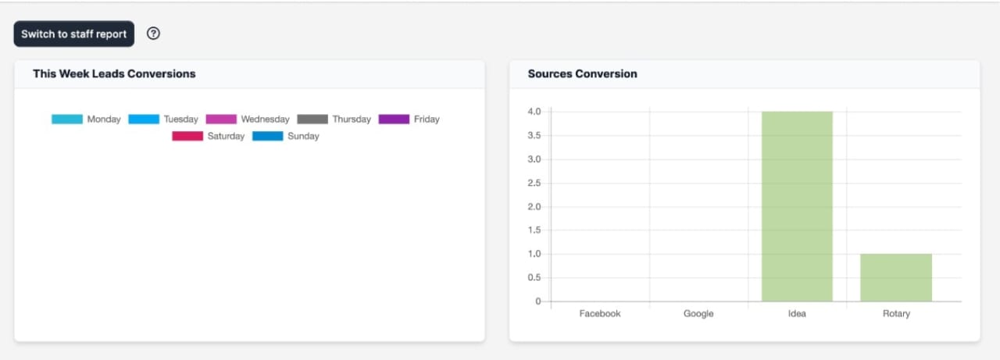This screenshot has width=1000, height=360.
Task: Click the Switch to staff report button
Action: (73, 34)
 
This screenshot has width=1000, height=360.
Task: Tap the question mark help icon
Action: (154, 34)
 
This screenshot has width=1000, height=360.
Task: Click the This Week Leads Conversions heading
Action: (114, 73)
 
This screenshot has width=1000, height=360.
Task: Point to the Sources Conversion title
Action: (582, 73)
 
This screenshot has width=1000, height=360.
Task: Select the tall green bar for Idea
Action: (797, 206)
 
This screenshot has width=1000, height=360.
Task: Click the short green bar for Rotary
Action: (896, 277)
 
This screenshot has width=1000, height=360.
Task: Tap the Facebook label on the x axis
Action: (600, 313)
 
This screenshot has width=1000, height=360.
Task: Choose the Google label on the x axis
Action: (698, 313)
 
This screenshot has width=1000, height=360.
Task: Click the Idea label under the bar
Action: (797, 313)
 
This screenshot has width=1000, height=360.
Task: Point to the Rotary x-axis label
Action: (896, 313)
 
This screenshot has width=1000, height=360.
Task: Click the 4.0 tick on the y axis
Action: (534, 112)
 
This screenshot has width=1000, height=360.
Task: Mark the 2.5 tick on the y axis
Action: (534, 183)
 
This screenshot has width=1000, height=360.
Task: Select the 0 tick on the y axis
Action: (537, 301)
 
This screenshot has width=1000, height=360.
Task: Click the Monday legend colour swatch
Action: (67, 119)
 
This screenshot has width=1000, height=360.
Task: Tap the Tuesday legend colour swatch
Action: (144, 119)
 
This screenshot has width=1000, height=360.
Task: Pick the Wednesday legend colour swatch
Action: (221, 119)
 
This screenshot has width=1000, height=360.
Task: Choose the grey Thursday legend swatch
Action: (312, 119)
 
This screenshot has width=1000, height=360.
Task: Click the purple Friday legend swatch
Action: (394, 119)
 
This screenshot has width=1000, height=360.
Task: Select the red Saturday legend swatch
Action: (187, 136)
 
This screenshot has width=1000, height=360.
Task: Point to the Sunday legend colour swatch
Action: (268, 136)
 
